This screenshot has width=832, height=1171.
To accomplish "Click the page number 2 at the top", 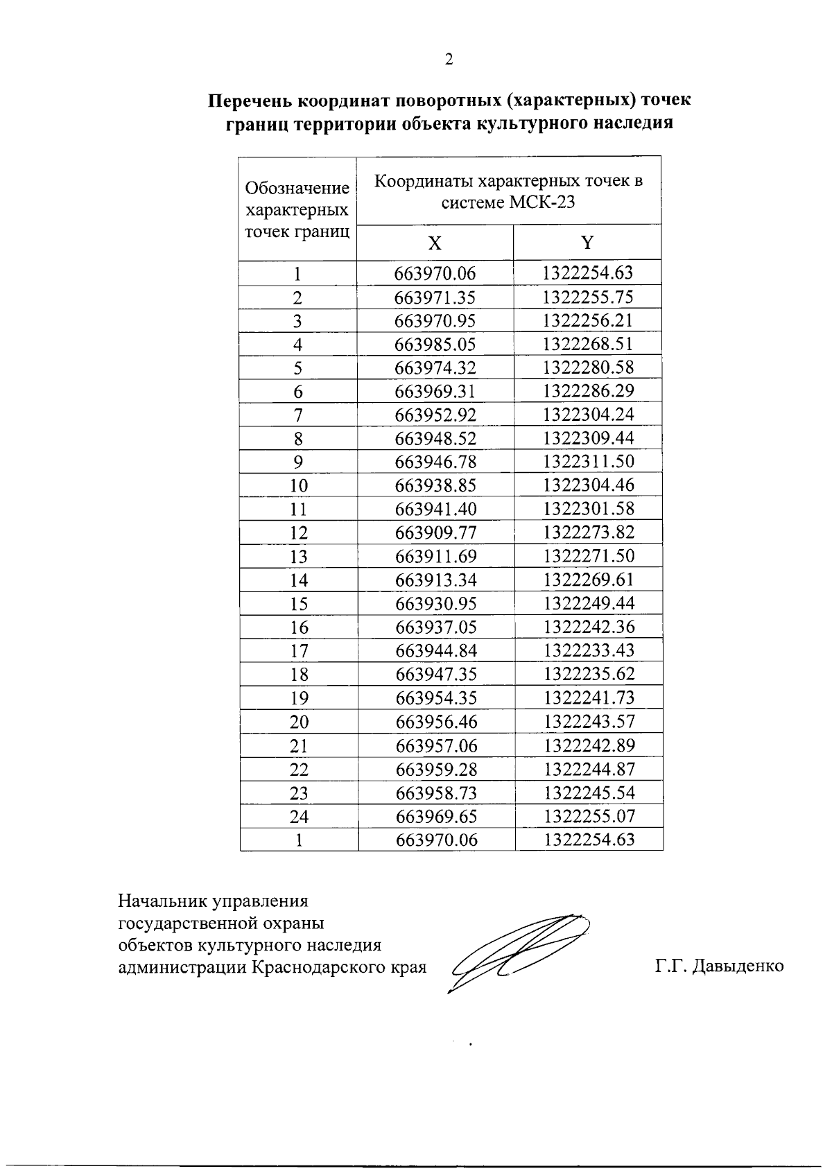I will [x=449, y=60].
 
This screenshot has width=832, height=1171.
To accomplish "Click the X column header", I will [x=435, y=243].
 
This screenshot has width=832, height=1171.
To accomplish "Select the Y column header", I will [x=587, y=243].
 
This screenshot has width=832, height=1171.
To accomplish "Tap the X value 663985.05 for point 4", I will [x=435, y=345].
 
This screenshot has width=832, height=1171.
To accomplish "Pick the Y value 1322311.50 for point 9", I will [x=589, y=462].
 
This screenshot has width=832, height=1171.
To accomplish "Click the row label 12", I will [x=298, y=533].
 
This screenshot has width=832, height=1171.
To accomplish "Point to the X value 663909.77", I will [x=436, y=533].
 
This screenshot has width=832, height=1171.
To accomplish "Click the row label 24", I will [x=299, y=817].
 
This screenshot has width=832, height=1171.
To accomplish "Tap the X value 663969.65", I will [x=437, y=817].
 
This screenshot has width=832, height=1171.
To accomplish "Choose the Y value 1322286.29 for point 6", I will [x=589, y=391].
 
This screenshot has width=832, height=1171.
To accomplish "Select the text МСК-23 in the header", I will [x=542, y=203].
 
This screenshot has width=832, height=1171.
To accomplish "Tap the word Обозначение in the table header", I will [x=297, y=189].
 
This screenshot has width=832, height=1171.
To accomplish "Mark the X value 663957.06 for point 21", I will [x=437, y=746].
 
